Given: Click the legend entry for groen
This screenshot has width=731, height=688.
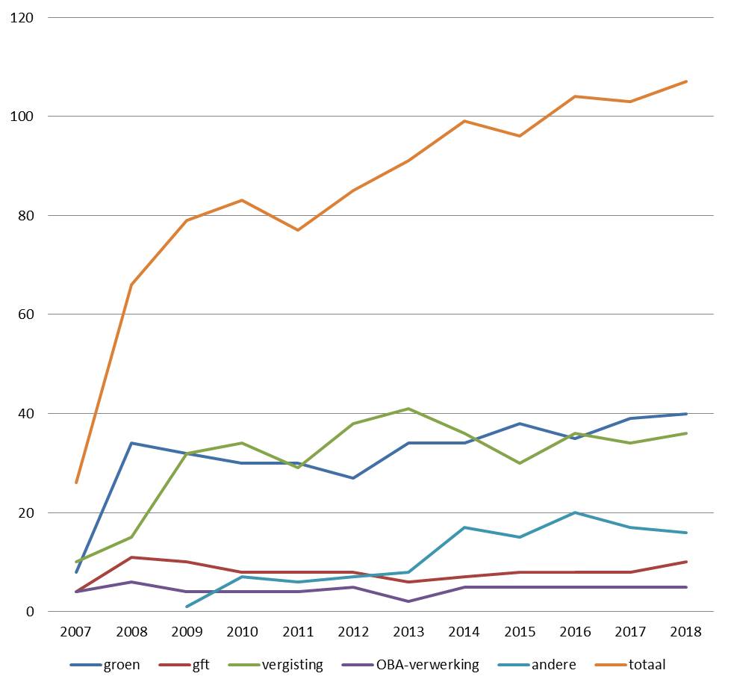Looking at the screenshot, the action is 105,664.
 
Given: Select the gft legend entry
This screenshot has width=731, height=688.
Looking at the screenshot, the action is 184,664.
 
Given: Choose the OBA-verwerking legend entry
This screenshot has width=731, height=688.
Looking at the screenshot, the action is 410,664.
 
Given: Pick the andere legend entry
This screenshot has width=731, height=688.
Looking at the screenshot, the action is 537,664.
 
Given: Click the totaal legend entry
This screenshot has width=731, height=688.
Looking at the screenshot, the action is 630,664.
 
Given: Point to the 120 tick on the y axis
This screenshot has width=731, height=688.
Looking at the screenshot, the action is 22,18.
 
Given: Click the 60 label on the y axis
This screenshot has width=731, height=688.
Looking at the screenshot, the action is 26,314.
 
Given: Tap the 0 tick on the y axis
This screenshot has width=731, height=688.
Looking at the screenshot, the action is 31,611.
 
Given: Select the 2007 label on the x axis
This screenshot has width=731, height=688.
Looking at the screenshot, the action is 76,631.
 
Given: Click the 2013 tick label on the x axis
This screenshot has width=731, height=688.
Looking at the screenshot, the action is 409,631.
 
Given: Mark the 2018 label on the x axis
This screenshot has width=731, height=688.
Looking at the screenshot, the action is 685,631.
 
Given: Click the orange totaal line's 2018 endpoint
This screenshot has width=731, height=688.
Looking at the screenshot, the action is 685,81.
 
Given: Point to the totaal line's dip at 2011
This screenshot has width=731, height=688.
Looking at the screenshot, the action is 298,230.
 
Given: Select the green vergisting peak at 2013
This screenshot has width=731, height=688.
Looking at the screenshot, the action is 409,409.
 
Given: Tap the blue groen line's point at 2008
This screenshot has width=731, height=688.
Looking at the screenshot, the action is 131,443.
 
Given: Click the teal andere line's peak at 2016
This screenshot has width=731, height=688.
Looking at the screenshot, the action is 575,512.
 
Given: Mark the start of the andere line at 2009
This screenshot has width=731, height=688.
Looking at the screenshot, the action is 187,607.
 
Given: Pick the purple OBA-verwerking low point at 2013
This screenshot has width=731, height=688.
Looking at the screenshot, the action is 409,601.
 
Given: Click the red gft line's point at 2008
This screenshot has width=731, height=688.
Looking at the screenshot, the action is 131,557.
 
